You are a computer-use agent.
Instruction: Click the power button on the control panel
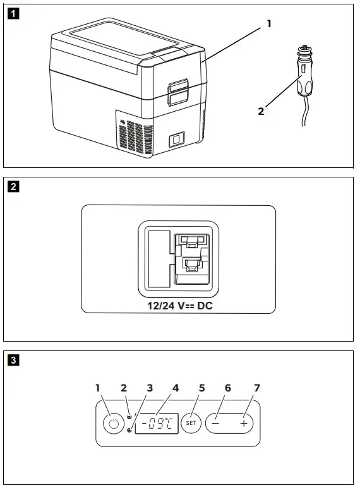click(x=114, y=424)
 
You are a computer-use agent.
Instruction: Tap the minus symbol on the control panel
click(x=215, y=424)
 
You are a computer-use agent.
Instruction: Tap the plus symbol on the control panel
click(x=244, y=424)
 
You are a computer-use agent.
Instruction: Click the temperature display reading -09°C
click(x=157, y=424)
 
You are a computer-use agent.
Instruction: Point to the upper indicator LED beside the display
click(x=129, y=417)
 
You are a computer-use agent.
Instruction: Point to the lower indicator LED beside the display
click(x=129, y=430)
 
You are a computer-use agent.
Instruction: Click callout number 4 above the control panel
click(x=176, y=388)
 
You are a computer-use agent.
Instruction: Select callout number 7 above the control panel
click(x=257, y=388)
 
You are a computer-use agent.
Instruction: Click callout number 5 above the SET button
click(x=202, y=388)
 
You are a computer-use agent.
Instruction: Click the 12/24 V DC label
click(x=180, y=306)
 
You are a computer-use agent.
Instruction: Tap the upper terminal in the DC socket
click(x=191, y=241)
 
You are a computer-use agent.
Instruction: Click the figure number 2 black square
click(x=13, y=187)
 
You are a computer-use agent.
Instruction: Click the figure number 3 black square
click(x=13, y=361)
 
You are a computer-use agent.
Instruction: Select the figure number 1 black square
click(x=13, y=14)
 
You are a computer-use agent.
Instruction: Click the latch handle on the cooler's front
click(x=179, y=92)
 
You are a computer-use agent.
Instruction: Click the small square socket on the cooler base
click(x=177, y=140)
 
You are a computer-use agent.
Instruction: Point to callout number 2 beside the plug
click(x=261, y=111)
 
